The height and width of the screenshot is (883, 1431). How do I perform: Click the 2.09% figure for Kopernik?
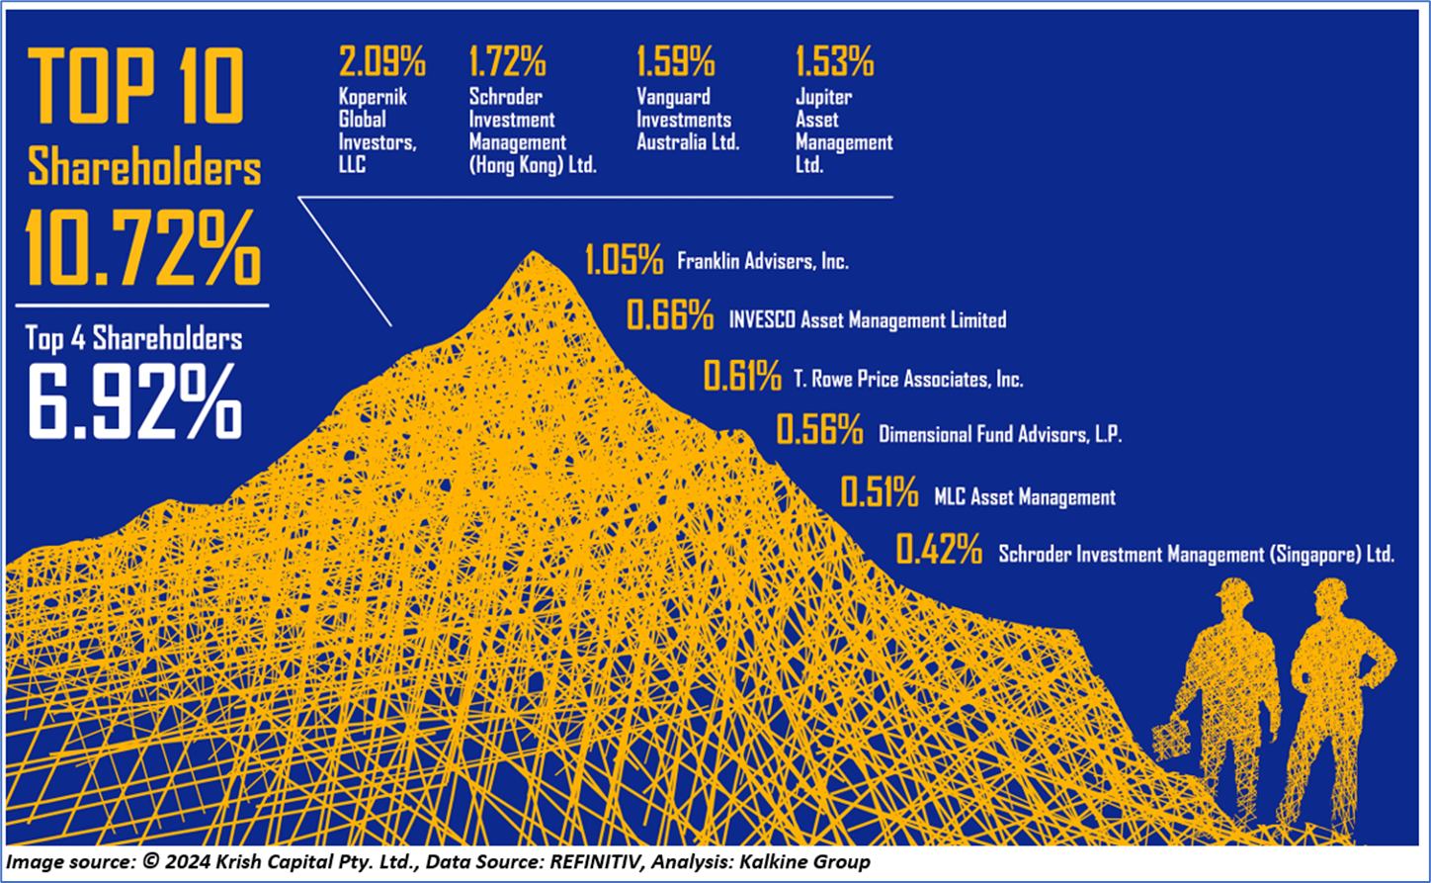tap(381, 62)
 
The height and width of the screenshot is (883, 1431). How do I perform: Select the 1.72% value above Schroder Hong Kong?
tap(508, 62)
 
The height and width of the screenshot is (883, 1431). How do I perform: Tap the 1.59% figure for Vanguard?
tap(676, 62)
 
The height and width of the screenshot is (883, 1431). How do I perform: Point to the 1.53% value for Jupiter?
tap(835, 62)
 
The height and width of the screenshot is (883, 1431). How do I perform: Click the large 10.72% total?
tap(143, 248)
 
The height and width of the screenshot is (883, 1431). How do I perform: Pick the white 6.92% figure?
tap(134, 401)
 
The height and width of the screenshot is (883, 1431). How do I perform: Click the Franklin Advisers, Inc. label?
tap(762, 262)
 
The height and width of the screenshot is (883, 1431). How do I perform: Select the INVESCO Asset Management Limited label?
tap(867, 319)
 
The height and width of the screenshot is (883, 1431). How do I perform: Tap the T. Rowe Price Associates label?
tap(908, 378)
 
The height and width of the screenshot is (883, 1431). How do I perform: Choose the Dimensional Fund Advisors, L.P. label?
tap(1000, 434)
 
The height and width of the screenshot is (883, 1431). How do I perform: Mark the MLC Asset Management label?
tap(1025, 497)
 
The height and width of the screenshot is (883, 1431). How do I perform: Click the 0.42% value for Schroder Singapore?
tap(939, 550)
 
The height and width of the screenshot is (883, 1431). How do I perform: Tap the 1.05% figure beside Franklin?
tap(624, 260)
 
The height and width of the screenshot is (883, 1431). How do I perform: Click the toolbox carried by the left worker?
tap(1173, 737)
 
